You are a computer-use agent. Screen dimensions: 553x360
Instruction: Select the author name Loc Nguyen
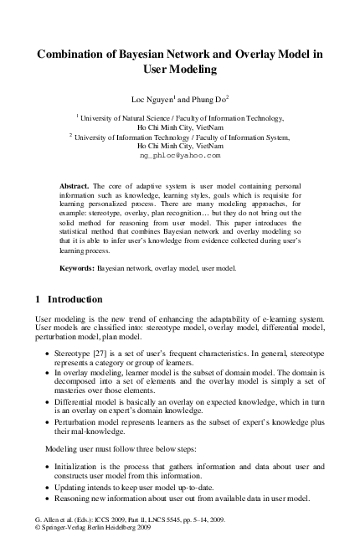(149, 99)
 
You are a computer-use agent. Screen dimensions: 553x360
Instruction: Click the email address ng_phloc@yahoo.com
(180, 155)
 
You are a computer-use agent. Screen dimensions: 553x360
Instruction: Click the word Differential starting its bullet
(71, 402)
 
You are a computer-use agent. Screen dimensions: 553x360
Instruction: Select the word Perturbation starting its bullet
(74, 423)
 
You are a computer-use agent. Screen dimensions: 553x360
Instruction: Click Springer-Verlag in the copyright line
(67, 529)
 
